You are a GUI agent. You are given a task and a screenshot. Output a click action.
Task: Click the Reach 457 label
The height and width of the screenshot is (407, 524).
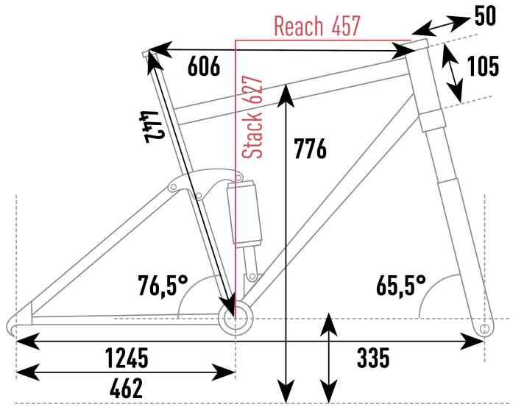click(x=316, y=26)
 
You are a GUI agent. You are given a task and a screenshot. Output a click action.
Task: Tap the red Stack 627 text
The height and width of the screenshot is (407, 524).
click(x=252, y=118)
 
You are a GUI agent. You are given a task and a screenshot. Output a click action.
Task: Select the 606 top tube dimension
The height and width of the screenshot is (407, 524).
click(x=204, y=66)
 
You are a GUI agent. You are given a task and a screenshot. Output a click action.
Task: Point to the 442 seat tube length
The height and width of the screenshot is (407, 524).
click(x=152, y=127)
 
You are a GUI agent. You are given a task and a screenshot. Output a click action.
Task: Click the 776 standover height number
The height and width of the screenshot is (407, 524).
click(x=310, y=149)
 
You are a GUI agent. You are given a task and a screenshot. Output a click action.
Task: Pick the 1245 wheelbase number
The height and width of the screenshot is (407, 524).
click(x=127, y=358)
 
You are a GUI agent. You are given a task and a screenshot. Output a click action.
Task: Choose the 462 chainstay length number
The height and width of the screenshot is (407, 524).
click(x=126, y=388)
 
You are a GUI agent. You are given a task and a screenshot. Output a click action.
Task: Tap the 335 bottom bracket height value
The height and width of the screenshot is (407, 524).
click(x=373, y=358)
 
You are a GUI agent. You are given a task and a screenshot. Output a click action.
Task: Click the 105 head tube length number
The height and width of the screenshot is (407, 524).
click(x=483, y=66)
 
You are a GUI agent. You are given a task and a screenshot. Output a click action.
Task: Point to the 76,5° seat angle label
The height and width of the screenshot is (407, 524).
click(x=163, y=286)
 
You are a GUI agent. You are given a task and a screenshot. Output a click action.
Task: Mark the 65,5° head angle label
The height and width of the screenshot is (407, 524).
click(x=401, y=286)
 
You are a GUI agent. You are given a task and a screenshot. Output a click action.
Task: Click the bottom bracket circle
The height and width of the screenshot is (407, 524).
click(x=236, y=319)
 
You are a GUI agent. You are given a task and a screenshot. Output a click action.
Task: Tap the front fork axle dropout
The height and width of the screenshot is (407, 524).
click(x=484, y=329)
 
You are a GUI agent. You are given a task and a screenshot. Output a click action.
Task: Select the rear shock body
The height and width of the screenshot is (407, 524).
click(x=244, y=213)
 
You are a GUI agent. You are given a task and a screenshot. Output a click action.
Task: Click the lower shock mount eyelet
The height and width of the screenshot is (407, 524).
click(x=252, y=276)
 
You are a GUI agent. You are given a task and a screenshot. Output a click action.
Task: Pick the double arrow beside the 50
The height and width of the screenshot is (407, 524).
click(x=441, y=26)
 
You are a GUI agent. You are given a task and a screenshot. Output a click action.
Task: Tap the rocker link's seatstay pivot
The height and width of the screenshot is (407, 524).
click(x=173, y=186)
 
